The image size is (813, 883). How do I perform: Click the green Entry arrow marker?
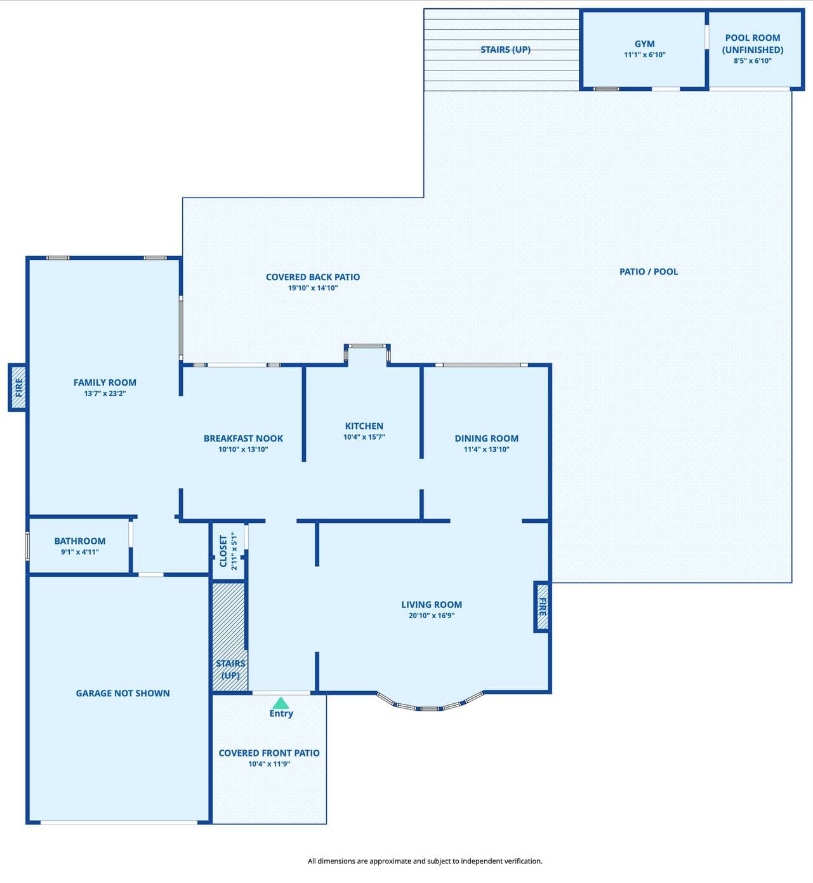[281, 703]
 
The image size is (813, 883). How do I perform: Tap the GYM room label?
[645, 44]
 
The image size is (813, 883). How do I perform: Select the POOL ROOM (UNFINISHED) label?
[753, 44]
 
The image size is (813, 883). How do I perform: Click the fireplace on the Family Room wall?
[18, 388]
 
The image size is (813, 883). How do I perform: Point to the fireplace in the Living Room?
[542, 607]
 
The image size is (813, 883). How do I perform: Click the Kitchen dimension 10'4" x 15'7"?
[364, 437]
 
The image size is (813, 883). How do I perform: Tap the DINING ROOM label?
[487, 438]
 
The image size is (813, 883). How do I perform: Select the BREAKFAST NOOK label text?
[243, 438]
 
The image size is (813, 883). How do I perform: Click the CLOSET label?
[223, 551]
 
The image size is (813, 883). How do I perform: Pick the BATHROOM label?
[80, 541]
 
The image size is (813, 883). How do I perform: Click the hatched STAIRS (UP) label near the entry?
[230, 669]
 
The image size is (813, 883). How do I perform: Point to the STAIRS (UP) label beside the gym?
[505, 50]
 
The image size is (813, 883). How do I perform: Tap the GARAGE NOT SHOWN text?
[122, 693]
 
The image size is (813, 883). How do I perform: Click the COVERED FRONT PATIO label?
[269, 753]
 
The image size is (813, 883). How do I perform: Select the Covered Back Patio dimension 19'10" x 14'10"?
[313, 288]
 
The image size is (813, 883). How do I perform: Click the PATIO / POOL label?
[649, 272]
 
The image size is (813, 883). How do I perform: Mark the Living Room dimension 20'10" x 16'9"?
[432, 616]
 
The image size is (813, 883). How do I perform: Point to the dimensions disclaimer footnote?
[425, 861]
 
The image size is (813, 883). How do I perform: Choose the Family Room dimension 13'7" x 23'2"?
[105, 393]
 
